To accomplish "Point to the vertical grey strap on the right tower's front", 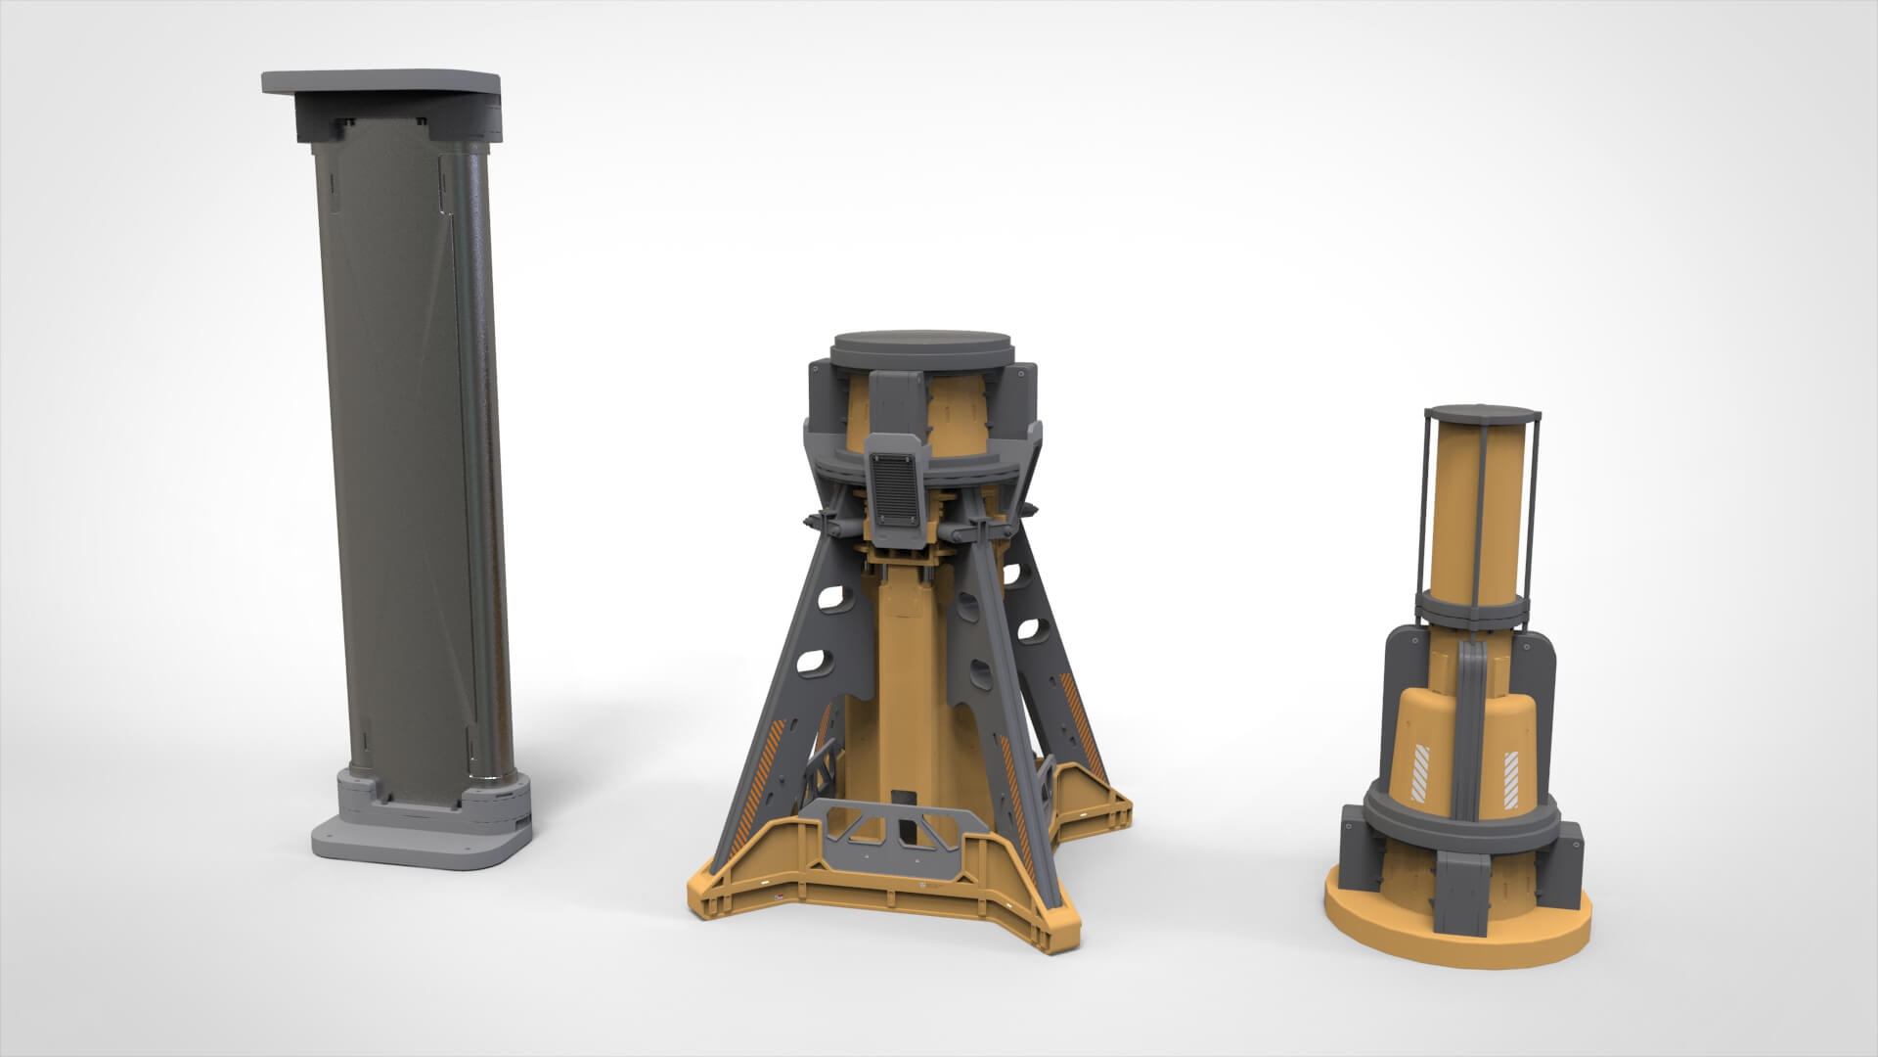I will click(x=1468, y=724).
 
